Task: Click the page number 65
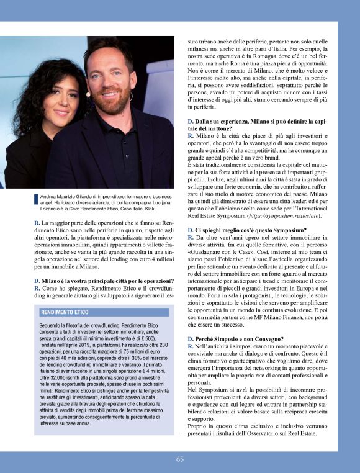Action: (x=180, y=459)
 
